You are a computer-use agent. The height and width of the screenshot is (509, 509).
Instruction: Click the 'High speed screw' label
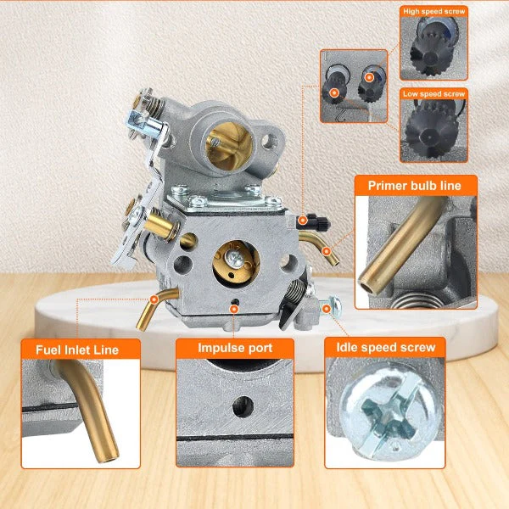pos(433,11)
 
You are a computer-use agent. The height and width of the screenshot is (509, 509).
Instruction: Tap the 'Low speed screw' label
pos(433,94)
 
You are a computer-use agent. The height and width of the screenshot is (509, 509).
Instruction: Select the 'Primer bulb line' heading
pos(415,186)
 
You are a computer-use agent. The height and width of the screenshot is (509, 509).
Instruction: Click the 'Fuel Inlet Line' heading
pos(77,350)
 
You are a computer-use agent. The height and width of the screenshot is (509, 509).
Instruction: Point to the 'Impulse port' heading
pos(235,348)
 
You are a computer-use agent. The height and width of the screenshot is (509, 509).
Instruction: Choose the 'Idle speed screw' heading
pos(386,347)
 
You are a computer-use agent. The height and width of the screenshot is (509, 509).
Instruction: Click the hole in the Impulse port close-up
pos(243,406)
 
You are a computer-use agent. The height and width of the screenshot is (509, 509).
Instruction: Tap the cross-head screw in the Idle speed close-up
pos(389,411)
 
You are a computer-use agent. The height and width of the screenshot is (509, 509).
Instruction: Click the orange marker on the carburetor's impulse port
pos(234,309)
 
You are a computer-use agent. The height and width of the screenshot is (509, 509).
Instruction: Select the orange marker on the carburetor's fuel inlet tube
pos(154,299)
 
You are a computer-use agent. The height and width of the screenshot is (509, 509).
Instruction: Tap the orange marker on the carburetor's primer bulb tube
pos(327,251)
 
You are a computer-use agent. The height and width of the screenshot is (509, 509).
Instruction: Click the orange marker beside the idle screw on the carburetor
pos(327,309)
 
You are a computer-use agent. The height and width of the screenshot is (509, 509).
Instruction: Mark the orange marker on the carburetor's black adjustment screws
pos(303,221)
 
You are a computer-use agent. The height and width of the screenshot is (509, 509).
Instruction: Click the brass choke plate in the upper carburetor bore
pos(229,147)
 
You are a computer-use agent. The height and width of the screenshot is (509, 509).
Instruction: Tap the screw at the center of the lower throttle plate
pos(234,259)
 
